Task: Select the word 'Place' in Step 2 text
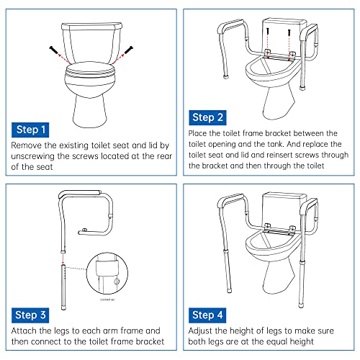tap(199, 133)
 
